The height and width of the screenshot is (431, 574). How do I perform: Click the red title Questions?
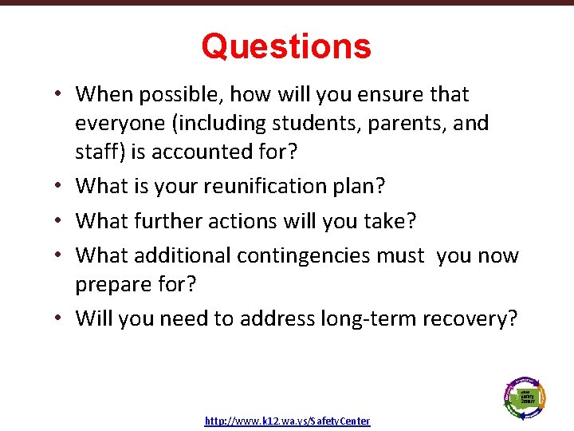(x=286, y=46)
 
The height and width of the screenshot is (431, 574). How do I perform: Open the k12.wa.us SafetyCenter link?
(x=287, y=421)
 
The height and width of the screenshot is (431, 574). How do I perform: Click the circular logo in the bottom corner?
(x=525, y=396)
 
